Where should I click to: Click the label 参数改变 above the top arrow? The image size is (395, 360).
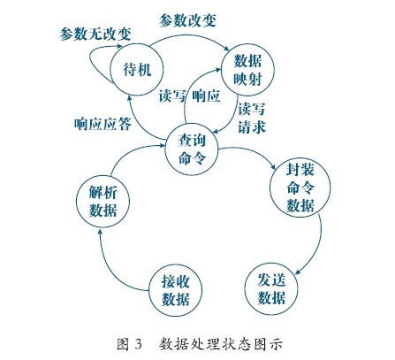(x=187, y=20)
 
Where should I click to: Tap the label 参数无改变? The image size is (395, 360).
(x=95, y=34)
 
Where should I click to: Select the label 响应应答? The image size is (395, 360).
(x=103, y=124)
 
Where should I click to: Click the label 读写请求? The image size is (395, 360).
(x=252, y=118)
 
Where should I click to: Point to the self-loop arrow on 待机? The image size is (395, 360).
(x=90, y=61)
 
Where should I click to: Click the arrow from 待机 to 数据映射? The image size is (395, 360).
(x=188, y=35)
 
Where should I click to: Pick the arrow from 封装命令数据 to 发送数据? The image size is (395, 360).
(x=318, y=245)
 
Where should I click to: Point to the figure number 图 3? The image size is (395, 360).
(x=129, y=344)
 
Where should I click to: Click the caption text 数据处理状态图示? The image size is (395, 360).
(x=221, y=344)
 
